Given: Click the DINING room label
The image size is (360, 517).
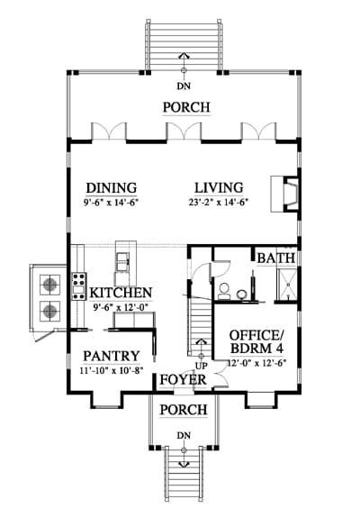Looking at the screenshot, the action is (x=112, y=187).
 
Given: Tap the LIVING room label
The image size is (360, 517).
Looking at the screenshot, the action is (x=219, y=187).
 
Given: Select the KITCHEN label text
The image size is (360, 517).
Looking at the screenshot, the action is (x=121, y=293).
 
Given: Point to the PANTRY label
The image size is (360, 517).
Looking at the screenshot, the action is (x=112, y=356).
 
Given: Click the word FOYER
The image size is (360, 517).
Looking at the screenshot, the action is (x=183, y=380).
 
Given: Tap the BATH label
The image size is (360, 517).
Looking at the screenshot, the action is (x=276, y=258).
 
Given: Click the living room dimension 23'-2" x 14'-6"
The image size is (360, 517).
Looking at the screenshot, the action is (x=218, y=202).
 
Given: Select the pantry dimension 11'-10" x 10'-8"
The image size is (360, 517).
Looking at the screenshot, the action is (x=112, y=370).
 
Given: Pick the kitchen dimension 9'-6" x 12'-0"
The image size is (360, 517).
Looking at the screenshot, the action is (x=121, y=307).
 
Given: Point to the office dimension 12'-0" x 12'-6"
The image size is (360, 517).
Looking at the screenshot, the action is (x=256, y=363).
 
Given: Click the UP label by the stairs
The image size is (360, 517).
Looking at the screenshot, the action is (x=202, y=366).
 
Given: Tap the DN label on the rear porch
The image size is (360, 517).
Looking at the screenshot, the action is (x=184, y=86).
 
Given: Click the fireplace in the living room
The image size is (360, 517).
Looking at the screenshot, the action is (x=284, y=194).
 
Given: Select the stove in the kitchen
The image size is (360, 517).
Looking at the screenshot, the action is (x=79, y=286).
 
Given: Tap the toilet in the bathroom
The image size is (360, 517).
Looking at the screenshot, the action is (x=225, y=291).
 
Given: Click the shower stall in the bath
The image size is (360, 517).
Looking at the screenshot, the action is (x=287, y=285).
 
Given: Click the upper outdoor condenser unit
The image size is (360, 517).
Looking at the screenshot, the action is (x=50, y=285).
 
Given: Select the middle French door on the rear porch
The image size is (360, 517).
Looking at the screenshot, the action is (x=184, y=132).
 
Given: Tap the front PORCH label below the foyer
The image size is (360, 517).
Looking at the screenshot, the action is (x=184, y=410).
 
